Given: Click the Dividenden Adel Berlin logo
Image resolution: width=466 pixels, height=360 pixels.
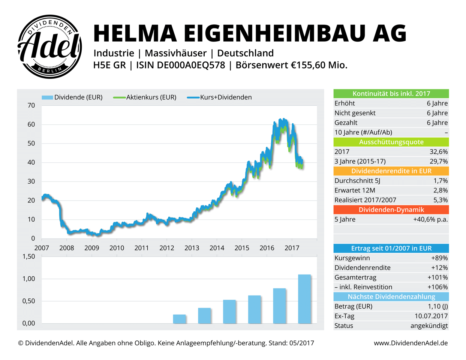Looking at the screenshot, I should (x=50, y=47).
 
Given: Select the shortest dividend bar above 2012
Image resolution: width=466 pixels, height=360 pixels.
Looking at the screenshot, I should (x=180, y=319).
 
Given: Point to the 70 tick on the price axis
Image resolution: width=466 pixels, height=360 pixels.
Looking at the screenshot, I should (x=31, y=105).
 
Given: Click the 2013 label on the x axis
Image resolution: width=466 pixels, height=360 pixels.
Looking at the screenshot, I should (x=192, y=248).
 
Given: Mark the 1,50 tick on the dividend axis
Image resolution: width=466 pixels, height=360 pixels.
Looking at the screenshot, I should (x=29, y=256).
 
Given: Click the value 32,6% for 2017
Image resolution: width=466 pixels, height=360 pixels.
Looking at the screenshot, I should (x=438, y=152).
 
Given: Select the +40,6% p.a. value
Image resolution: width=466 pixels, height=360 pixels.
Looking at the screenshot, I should (x=430, y=219).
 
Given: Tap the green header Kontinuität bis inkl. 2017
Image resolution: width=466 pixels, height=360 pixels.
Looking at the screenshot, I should (x=391, y=94).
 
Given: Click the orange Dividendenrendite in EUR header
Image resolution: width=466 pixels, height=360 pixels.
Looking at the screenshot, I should (x=391, y=171).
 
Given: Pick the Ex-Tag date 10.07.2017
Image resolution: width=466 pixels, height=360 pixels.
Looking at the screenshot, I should (x=431, y=316).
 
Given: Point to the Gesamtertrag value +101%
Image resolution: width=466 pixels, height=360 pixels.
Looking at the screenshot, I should (x=438, y=277).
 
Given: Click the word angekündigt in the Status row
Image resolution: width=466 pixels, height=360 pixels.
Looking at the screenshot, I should (x=429, y=326).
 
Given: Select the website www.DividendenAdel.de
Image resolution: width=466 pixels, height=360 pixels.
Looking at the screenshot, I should (x=411, y=343).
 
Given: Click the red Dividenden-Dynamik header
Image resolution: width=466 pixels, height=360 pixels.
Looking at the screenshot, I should (x=391, y=210).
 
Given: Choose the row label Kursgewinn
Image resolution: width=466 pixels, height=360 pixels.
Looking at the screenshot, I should (x=352, y=258).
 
